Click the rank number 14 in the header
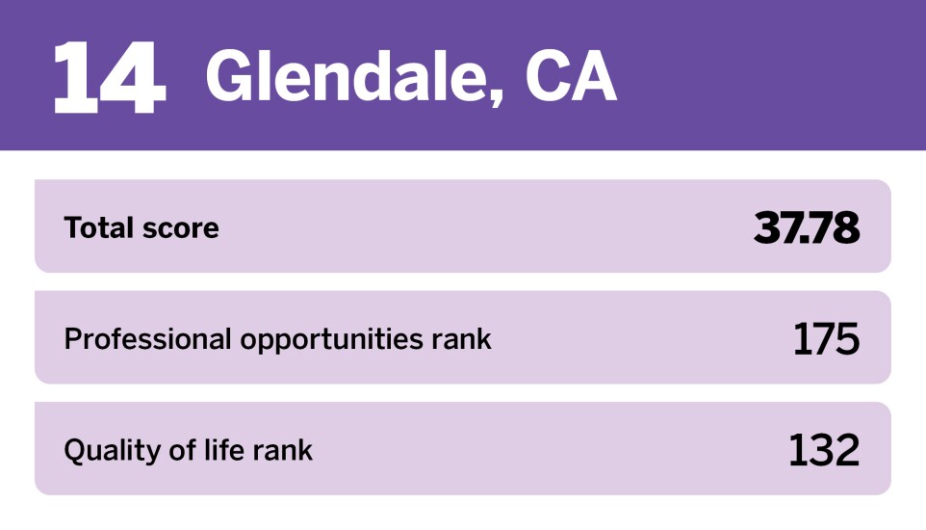110,77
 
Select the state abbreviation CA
571,76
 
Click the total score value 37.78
806,227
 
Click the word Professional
147,339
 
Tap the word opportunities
331,339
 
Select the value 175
826,339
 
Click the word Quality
113,451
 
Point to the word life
224,450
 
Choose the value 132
824,450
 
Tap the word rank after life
283,450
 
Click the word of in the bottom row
183,450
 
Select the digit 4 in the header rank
132,77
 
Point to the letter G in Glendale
231,76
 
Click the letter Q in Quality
76,451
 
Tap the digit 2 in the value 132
847,450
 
